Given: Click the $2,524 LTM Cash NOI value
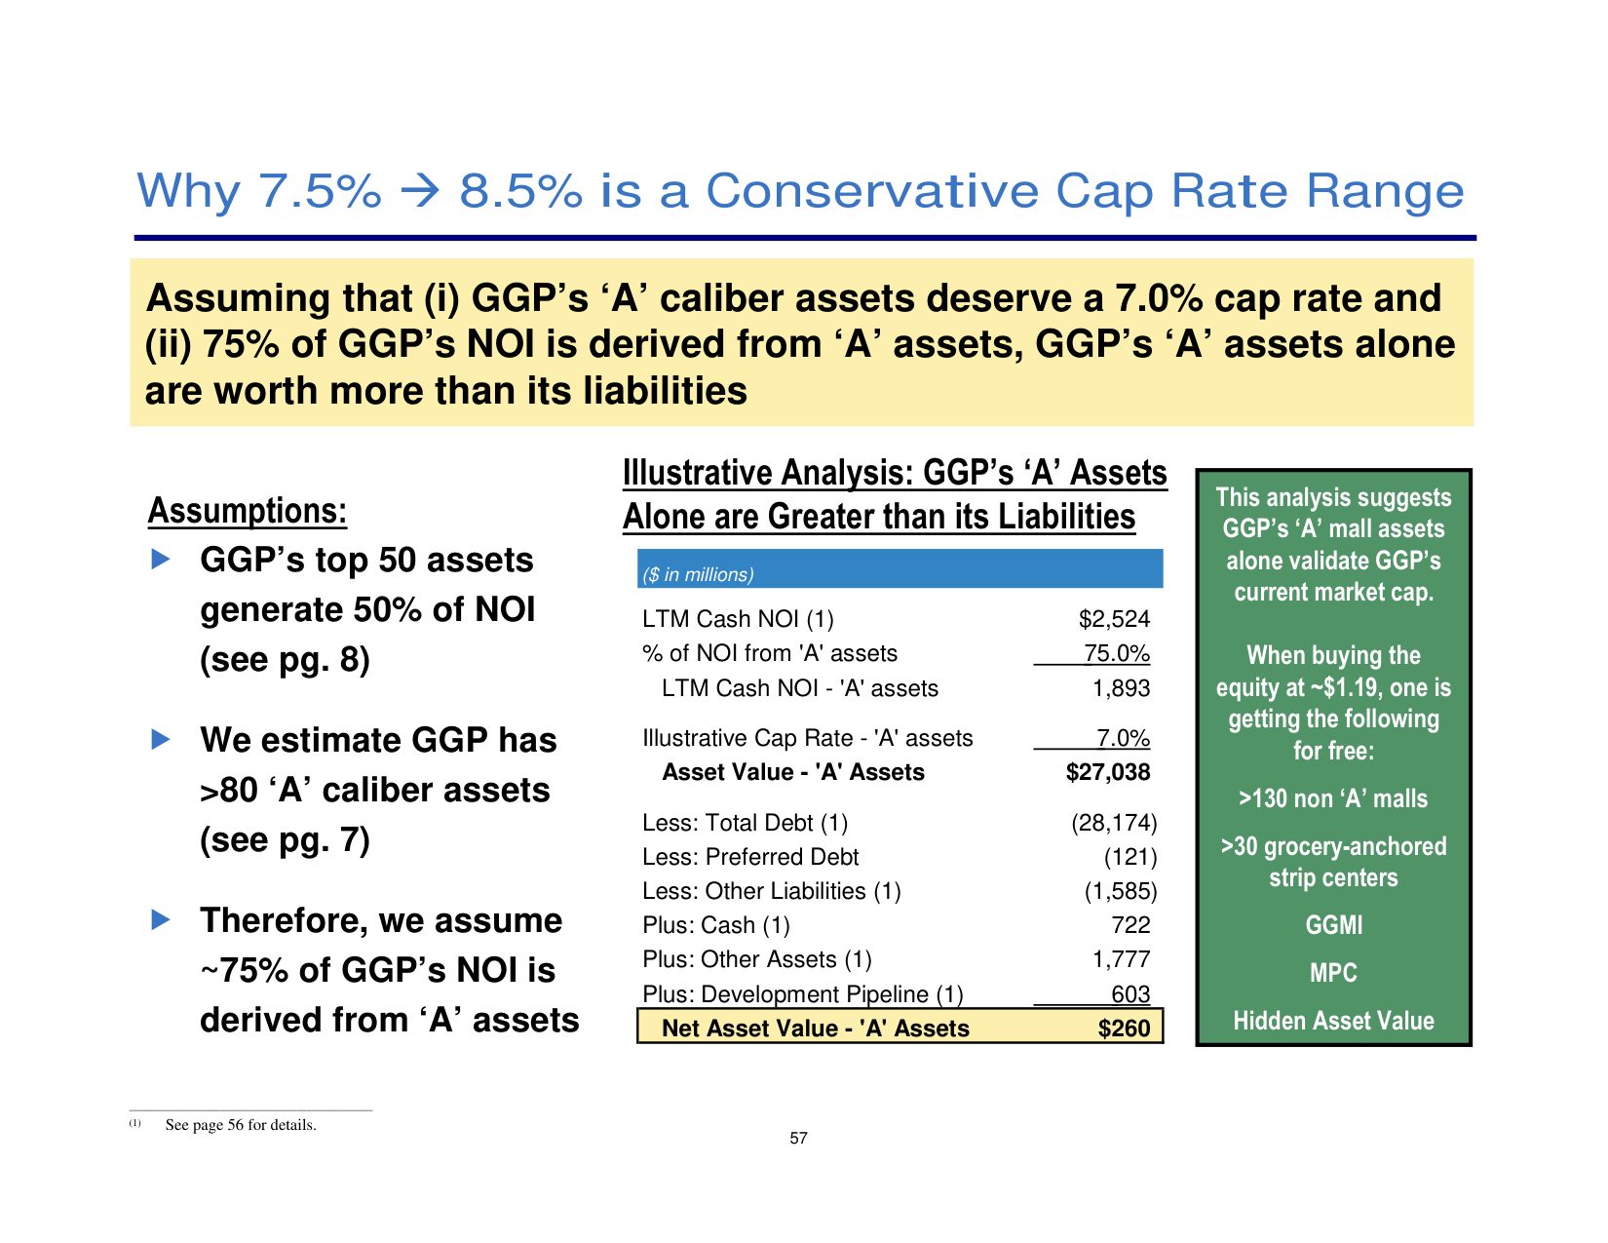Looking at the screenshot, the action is coord(1114,619).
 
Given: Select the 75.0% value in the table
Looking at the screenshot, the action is coord(1117,653).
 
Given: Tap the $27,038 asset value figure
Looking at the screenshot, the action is coord(1108,772).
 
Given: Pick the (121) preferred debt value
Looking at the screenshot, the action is coord(1129,857).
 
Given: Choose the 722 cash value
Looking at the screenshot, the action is coord(1130,924).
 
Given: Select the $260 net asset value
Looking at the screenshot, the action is coord(1124,1029).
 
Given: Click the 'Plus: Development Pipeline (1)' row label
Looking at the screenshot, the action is coord(803,994).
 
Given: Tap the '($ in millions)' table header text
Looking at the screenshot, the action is coord(698,574).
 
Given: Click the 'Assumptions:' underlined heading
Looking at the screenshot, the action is coord(248,511).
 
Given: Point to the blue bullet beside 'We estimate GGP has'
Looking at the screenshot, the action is coord(161,739).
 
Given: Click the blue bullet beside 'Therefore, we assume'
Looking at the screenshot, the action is coord(161,919).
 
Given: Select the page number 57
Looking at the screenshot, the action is coord(798,1138).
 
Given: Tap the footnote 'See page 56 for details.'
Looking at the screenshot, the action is coord(241,1124).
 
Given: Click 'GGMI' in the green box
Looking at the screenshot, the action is coord(1333,924).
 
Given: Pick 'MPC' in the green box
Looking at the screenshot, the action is coord(1333,972).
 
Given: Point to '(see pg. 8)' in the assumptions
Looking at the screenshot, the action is coord(285,660).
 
